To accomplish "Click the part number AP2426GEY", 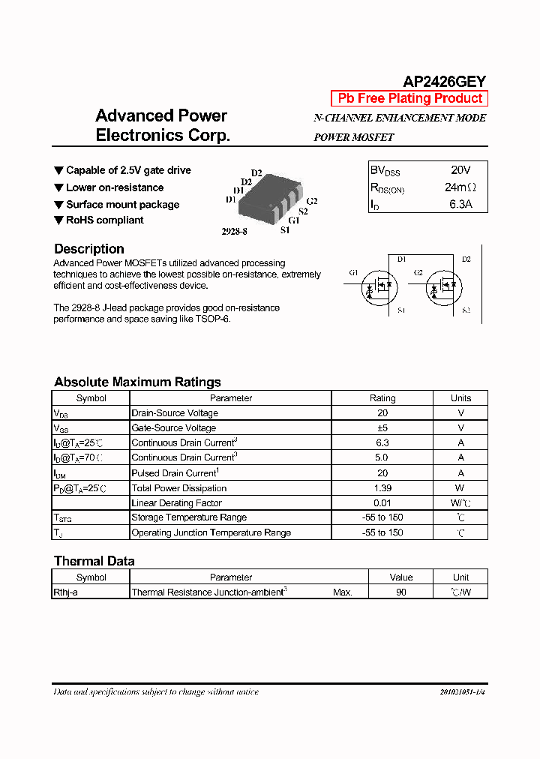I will pos(445,82).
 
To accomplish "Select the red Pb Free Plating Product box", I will pos(409,98).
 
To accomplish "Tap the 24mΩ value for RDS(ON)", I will pos(460,187).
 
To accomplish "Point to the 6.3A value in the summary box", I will pos(460,204).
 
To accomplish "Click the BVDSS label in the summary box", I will pos(385,171).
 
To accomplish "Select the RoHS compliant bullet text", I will pos(104,220).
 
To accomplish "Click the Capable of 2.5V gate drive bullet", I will pos(127,170).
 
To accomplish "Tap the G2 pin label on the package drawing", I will pos(312,201).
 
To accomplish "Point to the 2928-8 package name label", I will pos(234,232).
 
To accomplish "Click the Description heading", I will pos(89,249).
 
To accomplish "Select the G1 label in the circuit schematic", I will pos(354,272).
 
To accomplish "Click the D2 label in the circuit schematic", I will pos(466,259).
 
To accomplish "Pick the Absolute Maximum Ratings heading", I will pos(137,382).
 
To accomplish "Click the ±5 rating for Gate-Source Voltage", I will pos(382,427).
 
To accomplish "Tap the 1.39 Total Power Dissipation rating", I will pos(382,488).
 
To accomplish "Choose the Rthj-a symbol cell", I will pos(65,592).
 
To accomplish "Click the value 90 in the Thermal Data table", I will pos(400,592).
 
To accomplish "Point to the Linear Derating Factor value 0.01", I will pos(382,503).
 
